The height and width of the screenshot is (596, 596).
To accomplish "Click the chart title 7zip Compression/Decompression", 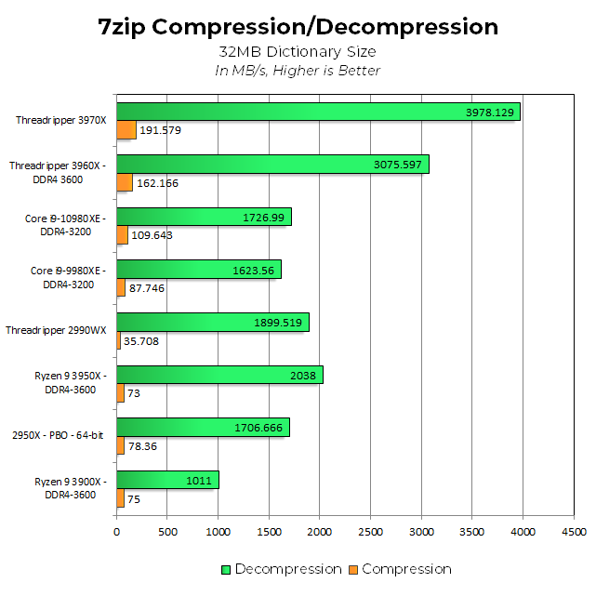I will (x=298, y=26).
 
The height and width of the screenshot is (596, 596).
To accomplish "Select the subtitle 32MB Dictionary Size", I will (x=298, y=52).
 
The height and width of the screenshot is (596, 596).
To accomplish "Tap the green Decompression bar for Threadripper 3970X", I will (x=316, y=112).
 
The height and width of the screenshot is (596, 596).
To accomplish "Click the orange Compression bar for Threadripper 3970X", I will (x=126, y=130).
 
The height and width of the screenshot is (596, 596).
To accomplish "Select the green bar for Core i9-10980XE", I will (x=204, y=217).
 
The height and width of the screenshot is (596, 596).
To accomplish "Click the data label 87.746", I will (x=147, y=288).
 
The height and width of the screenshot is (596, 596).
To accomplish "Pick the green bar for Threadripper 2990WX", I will (x=212, y=323).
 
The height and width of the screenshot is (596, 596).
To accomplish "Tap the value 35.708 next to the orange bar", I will (x=144, y=341).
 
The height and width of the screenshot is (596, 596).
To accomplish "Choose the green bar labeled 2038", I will (x=219, y=375).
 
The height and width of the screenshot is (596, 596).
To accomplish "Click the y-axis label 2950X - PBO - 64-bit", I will (x=58, y=434).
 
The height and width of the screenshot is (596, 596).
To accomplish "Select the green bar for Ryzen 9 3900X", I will (x=167, y=481).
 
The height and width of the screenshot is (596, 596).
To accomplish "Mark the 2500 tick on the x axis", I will (x=370, y=532).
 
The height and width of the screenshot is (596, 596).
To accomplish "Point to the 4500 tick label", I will (x=573, y=532).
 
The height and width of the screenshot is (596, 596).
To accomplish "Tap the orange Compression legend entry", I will (x=400, y=569).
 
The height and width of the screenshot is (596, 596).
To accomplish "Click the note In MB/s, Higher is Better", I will (x=298, y=71).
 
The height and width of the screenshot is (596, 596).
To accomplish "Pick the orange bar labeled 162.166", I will (x=125, y=183).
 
